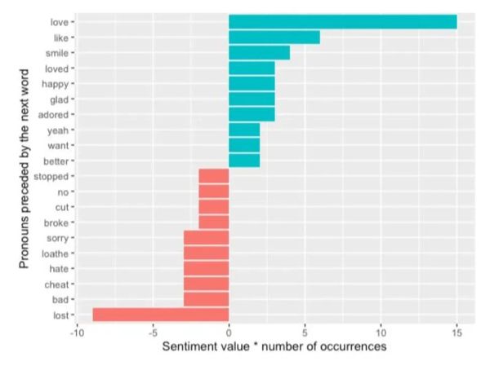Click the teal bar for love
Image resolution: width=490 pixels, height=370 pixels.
342,21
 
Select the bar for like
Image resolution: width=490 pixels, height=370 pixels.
274,37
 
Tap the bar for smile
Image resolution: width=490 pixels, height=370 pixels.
259,52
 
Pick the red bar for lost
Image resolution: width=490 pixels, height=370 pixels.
160,315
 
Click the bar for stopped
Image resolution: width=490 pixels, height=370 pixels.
213,176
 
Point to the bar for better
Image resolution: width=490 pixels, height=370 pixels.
243,161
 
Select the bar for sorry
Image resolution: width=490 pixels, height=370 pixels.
206,238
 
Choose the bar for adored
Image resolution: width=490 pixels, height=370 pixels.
252,114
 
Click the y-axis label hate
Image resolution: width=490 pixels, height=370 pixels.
59,269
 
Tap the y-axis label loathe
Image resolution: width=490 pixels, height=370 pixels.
56,253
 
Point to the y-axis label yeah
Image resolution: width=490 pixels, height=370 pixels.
58,130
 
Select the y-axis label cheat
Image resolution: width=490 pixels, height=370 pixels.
56,284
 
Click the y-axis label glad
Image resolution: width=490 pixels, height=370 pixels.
59,99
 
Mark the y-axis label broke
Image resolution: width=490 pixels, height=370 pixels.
56,222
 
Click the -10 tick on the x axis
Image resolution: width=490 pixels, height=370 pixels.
77,333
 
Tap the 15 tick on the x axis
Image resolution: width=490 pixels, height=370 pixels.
457,333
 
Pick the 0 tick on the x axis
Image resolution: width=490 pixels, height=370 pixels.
229,333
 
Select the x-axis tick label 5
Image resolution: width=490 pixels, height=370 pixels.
305,333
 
